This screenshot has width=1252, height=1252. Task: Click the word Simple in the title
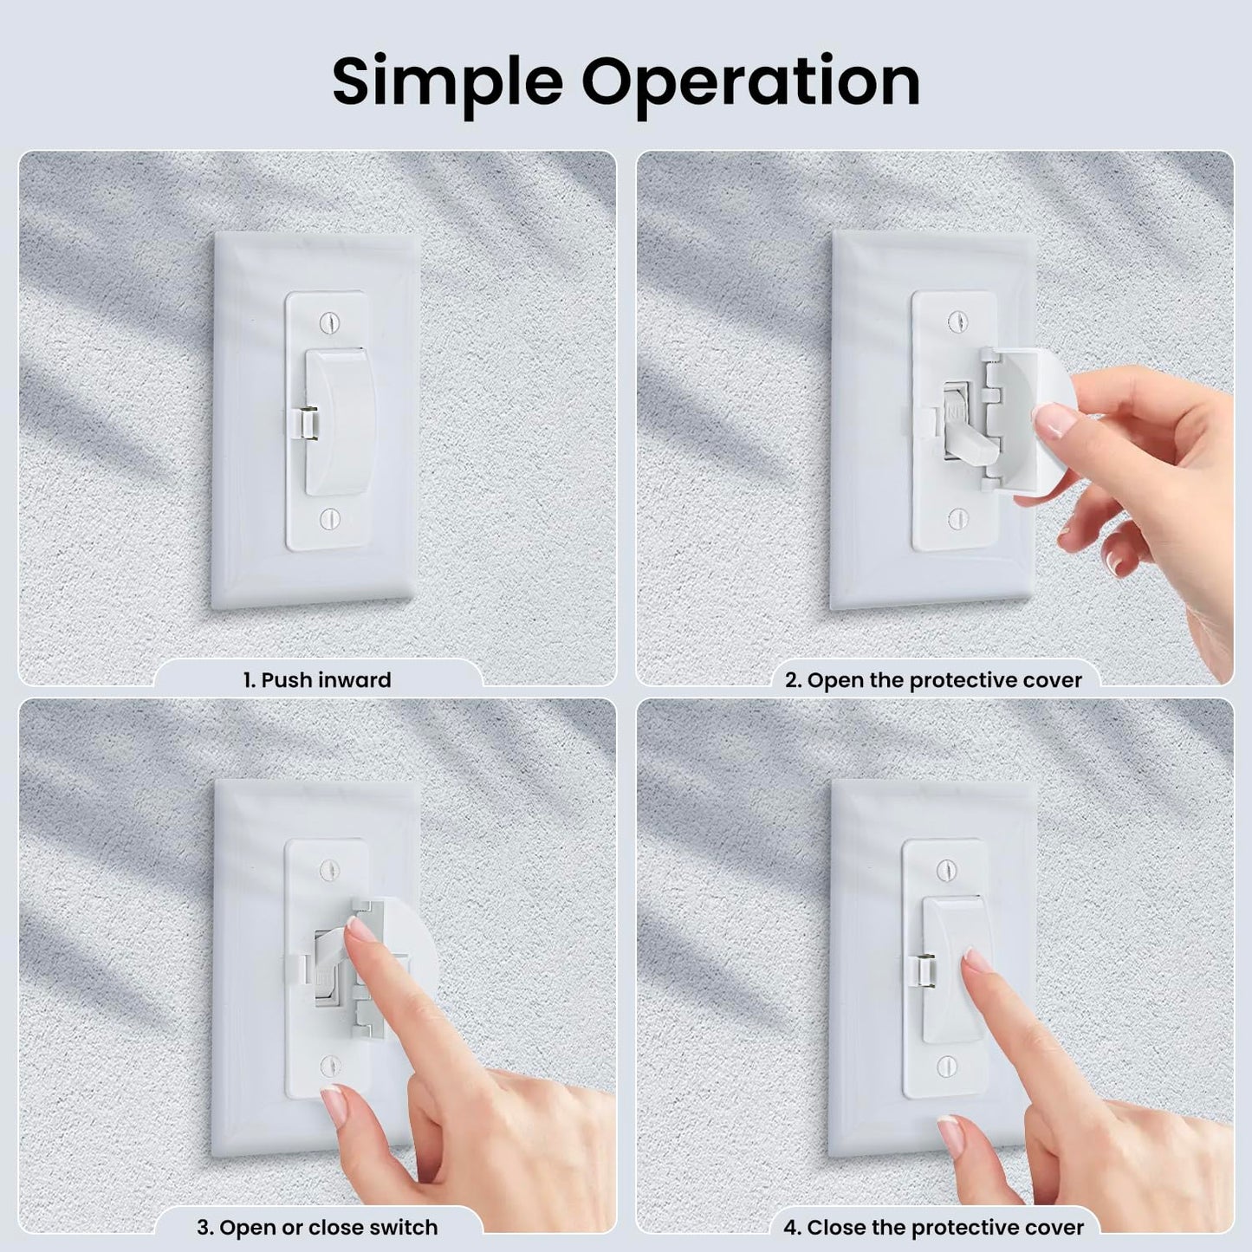[447, 82]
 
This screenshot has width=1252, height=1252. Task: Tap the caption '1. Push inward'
[318, 679]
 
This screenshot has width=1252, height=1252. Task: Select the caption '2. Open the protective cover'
[934, 680]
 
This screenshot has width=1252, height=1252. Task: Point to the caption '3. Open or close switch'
[318, 1228]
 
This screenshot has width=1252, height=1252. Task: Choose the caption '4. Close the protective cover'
[934, 1228]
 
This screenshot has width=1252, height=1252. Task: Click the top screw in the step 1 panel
[331, 321]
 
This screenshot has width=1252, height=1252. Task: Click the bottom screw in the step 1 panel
[331, 518]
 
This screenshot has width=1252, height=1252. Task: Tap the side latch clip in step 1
[302, 423]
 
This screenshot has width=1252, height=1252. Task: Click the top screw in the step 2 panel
[958, 321]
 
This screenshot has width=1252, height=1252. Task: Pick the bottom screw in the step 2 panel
[958, 518]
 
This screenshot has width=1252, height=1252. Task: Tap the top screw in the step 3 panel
[331, 869]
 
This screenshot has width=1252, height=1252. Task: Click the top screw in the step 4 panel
[947, 869]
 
